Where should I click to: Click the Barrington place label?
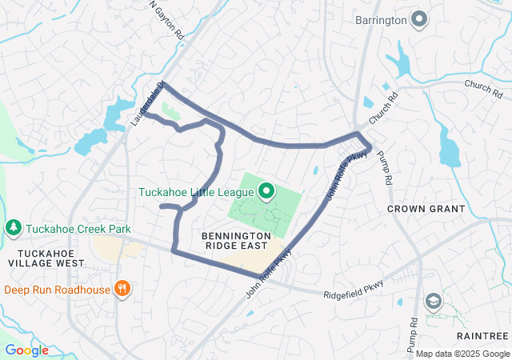click(380, 18)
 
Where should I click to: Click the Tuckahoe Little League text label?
click(196, 192)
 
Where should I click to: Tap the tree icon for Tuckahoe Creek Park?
click(13, 229)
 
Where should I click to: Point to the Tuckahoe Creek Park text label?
click(78, 229)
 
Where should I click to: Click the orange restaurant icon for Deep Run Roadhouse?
click(122, 289)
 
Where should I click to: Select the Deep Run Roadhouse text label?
click(58, 289)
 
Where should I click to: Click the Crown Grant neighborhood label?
click(426, 209)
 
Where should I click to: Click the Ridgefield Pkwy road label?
click(354, 289)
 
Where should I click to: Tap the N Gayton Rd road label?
click(166, 19)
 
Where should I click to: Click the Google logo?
click(26, 350)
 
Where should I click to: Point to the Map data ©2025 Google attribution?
click(462, 354)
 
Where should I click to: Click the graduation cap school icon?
click(433, 301)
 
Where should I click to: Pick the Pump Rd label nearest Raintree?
click(414, 333)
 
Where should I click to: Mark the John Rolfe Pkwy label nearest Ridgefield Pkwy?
click(270, 274)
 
